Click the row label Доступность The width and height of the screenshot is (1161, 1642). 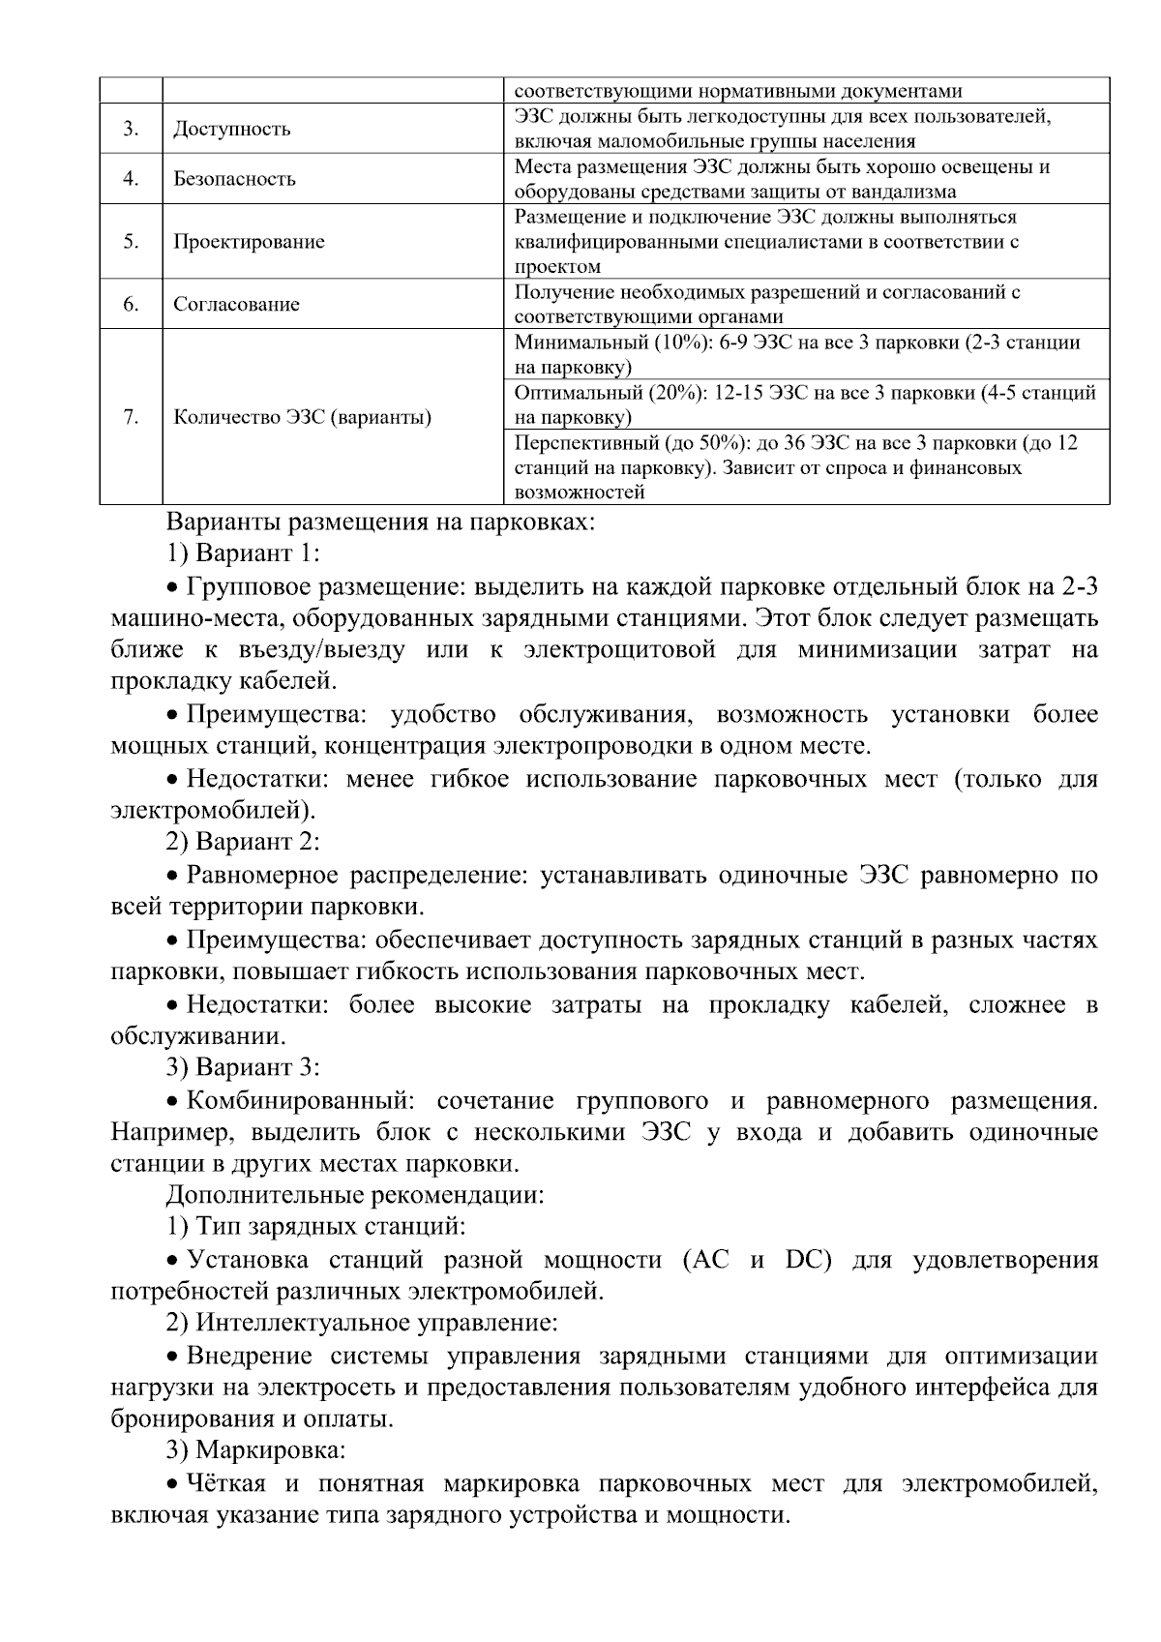coord(231,130)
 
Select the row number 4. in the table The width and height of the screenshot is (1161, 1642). coord(131,179)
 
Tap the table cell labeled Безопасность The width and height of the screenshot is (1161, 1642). coord(234,179)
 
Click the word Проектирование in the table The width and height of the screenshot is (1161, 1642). coord(249,242)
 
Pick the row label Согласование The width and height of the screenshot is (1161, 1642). coord(236,305)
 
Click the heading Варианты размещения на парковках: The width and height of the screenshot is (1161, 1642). coord(380,522)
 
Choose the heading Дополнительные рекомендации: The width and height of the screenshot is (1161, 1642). coord(355,1195)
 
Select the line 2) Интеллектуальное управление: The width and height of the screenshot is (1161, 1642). coord(362,1323)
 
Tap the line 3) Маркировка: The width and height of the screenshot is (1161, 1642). coord(256,1450)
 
